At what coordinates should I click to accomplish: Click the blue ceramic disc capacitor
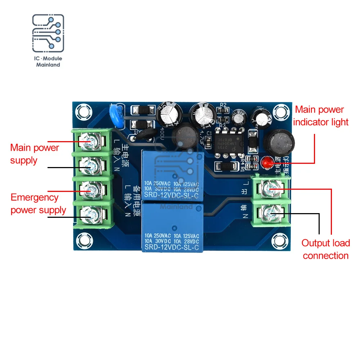[x=116, y=115]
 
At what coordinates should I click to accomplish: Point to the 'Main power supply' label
[x=34, y=154]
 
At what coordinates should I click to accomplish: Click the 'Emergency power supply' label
[x=38, y=204]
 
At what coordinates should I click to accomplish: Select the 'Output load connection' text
[x=325, y=249]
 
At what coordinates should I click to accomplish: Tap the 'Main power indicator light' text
[x=321, y=116]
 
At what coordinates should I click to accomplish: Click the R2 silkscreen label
[x=223, y=105]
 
